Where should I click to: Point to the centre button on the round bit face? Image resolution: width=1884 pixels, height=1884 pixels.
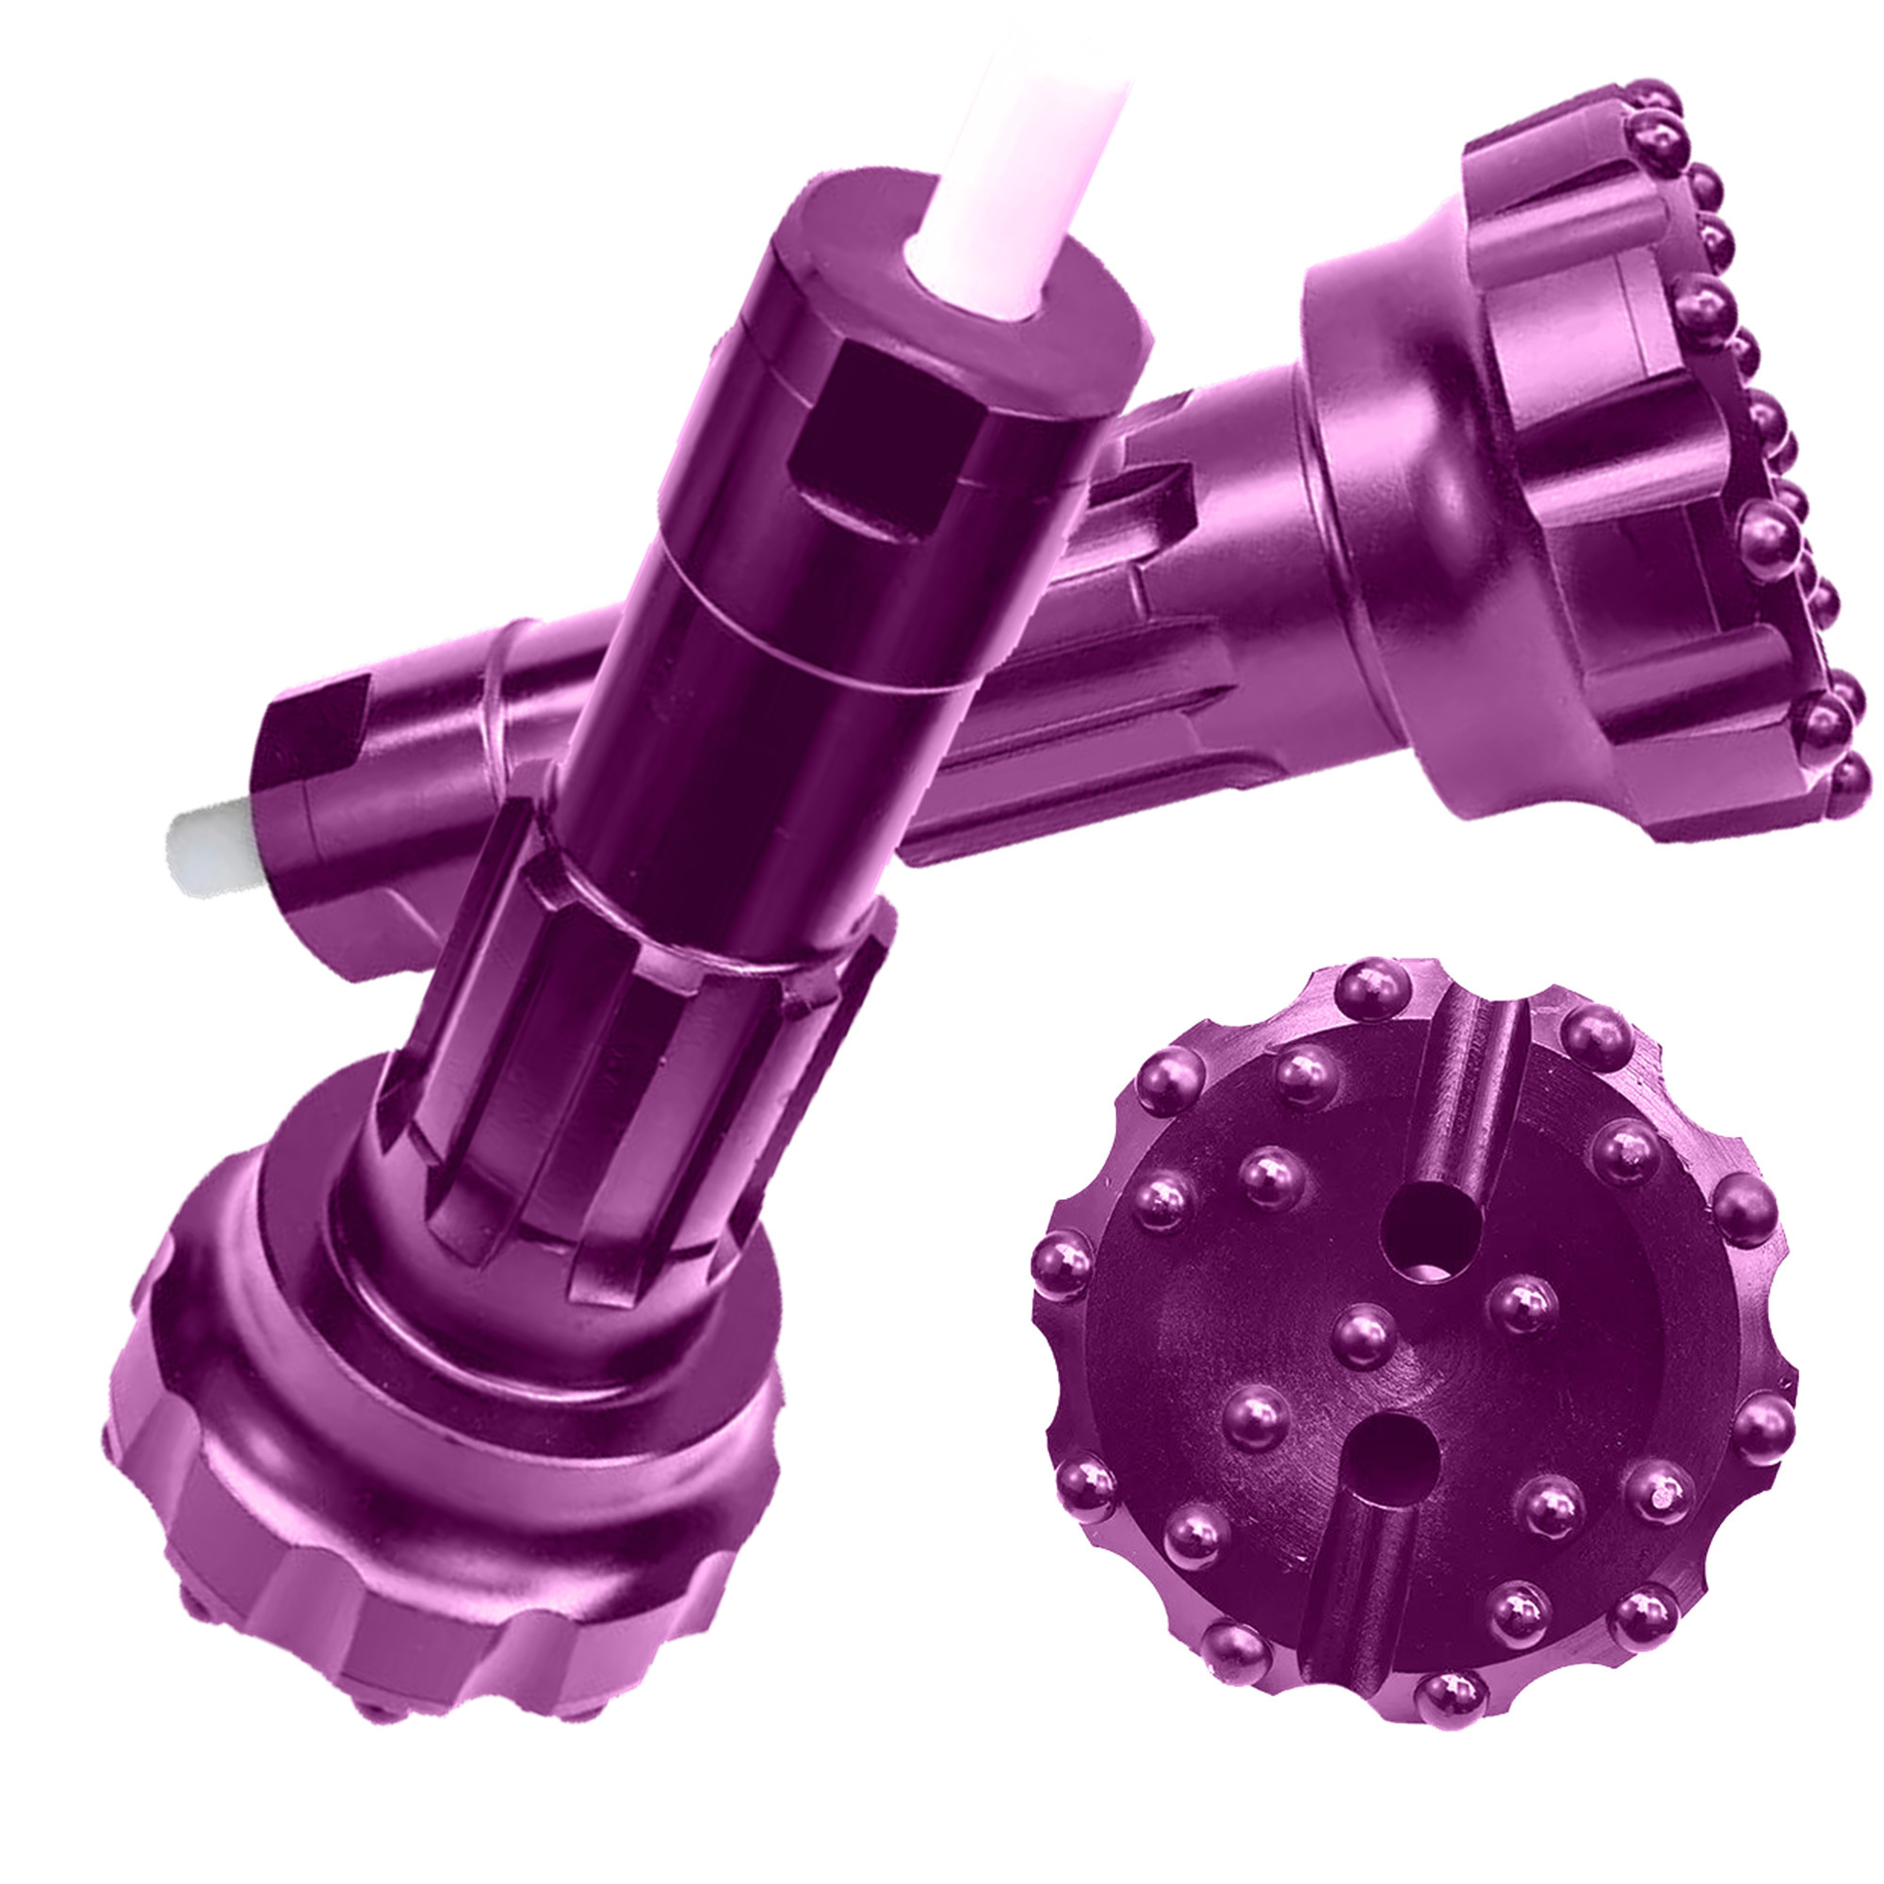coord(1362,1336)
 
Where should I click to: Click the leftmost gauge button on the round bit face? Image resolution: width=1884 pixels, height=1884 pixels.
coord(1062,1267)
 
